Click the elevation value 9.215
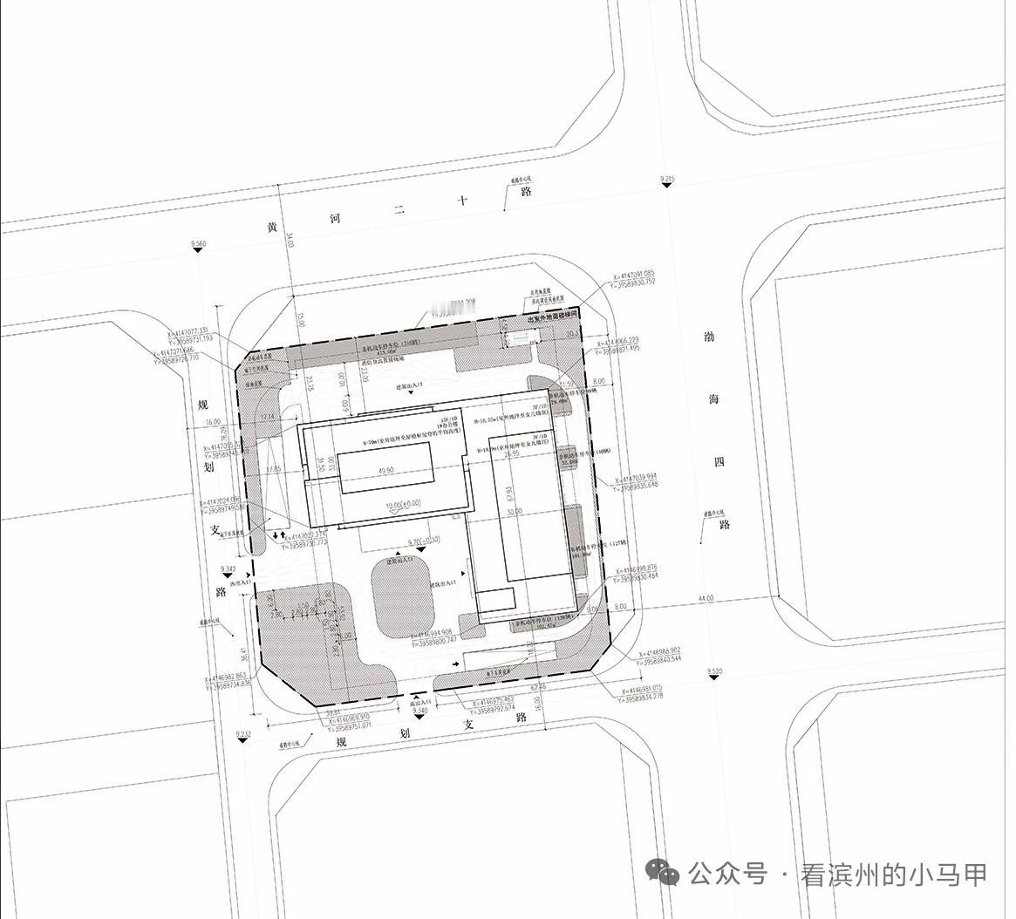coord(667,180)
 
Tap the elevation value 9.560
coord(198,243)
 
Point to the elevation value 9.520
coord(716,671)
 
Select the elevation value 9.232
coord(243,735)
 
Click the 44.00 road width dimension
coord(706,598)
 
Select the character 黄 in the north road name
coord(272,228)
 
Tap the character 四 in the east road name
coord(719,462)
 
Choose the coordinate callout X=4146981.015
coord(651,688)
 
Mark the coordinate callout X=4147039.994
coord(646,477)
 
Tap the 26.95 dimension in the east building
coord(512,454)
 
